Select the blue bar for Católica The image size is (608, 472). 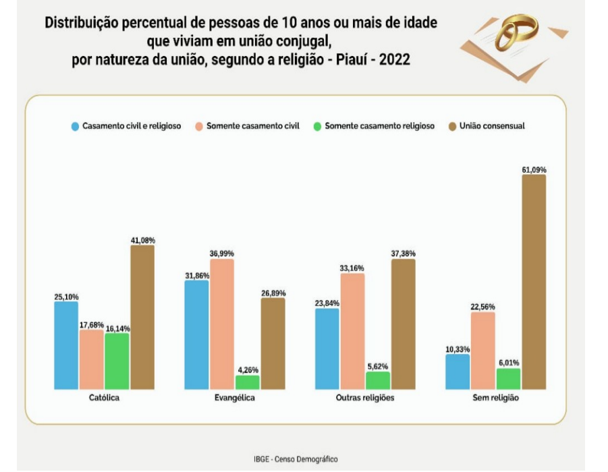click(x=66, y=345)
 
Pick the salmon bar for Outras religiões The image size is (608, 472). click(x=352, y=331)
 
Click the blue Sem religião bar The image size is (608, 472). click(x=458, y=372)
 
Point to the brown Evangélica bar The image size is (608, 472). click(x=273, y=343)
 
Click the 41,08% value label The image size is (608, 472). click(x=142, y=239)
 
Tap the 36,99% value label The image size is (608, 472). click(x=222, y=254)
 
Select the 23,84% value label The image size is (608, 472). click(x=327, y=303)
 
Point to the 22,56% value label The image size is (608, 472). click(x=483, y=306)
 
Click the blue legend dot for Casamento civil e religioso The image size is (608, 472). click(x=76, y=126)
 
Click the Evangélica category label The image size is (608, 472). click(x=235, y=398)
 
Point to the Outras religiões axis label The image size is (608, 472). click(x=364, y=398)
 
